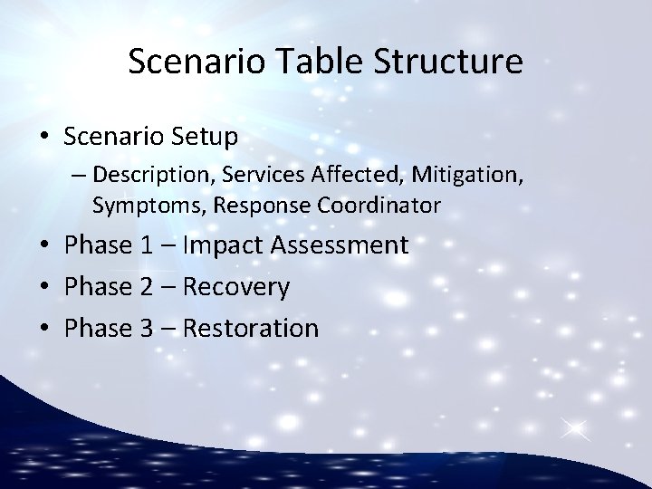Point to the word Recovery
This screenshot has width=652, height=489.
236,287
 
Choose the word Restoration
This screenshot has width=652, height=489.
251,328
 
